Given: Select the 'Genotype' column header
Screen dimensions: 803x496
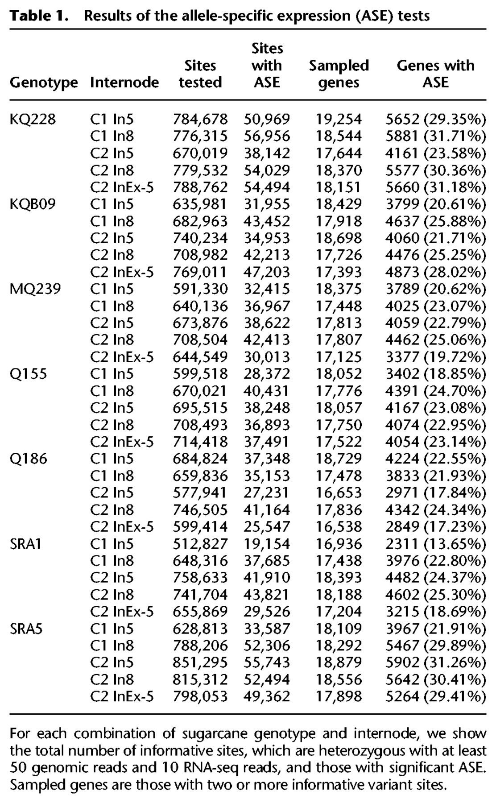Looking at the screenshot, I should (44, 83).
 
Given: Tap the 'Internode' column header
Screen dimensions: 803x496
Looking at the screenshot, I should (124, 83).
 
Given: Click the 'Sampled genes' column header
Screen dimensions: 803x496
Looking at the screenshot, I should (339, 74).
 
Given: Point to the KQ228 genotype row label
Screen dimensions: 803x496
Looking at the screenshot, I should (33, 119).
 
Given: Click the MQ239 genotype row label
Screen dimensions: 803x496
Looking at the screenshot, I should (35, 289).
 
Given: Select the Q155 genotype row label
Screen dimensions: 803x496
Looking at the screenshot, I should (28, 373).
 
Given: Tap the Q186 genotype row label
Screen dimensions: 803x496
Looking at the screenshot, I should (28, 459).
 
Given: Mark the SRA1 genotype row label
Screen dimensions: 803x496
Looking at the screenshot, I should (25, 544).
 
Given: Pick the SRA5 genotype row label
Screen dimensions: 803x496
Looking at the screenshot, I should (26, 629).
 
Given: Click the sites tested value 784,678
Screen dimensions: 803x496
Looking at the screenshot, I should (200, 119).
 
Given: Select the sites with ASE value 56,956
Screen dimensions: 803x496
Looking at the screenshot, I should (267, 136).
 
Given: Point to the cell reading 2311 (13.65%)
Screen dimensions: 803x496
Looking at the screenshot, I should (435, 544).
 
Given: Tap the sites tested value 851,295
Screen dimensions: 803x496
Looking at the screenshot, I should (200, 662).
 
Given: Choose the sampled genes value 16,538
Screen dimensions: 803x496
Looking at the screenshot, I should (339, 527).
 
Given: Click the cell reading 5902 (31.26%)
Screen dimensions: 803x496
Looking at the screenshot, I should (435, 662).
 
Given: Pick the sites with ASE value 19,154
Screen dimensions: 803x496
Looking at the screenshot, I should (267, 544).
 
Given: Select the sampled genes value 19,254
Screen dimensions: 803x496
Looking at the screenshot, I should (339, 119).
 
